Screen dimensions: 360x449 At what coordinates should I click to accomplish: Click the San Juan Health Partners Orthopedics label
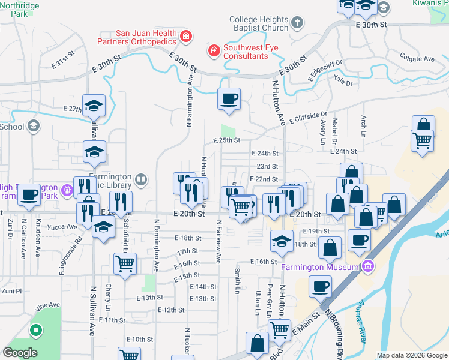click(138, 37)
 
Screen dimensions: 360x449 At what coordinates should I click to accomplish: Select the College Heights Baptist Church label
click(259, 23)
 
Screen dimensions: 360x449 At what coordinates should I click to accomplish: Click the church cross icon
click(297, 24)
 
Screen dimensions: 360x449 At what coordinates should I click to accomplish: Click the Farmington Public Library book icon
click(141, 178)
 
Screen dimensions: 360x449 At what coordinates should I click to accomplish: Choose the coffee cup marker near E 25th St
click(229, 99)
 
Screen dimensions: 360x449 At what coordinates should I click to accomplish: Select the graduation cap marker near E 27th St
click(94, 106)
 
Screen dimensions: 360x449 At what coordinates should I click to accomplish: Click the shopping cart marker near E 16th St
click(125, 263)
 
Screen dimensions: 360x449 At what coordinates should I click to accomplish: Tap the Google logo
click(20, 353)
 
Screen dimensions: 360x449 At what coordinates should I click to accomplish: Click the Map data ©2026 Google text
click(411, 355)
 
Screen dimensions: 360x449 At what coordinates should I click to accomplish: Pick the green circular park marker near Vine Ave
click(35, 329)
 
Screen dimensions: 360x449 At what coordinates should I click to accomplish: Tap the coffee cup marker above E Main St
click(321, 286)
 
